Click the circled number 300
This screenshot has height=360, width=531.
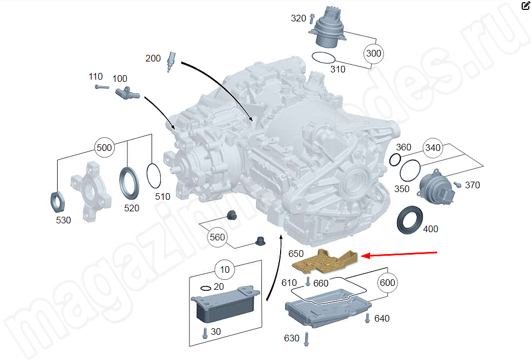click(373, 54)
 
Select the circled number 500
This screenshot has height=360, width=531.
click(104, 148)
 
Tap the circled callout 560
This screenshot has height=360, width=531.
click(217, 238)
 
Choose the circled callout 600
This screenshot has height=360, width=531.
click(388, 283)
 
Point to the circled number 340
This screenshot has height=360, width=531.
click(433, 148)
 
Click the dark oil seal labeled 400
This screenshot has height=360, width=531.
click(409, 220)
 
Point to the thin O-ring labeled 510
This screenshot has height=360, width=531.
click(155, 177)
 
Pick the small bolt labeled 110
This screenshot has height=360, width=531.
click(99, 87)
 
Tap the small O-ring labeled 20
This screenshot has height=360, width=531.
click(205, 288)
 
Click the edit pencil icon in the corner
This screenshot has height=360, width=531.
click(524, 6)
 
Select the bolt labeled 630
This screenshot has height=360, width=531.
click(306, 338)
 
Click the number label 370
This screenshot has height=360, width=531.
click(472, 185)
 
